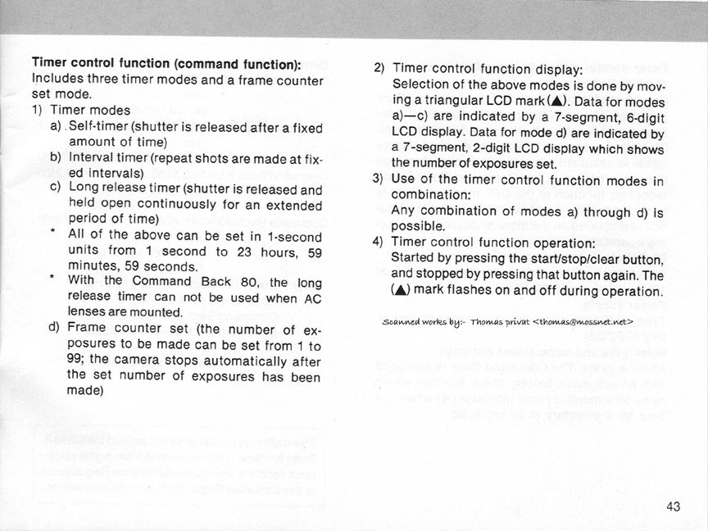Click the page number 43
pyautogui.click(x=674, y=506)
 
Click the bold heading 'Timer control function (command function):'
pyautogui.click(x=166, y=63)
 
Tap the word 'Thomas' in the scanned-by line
pyautogui.click(x=492, y=320)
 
